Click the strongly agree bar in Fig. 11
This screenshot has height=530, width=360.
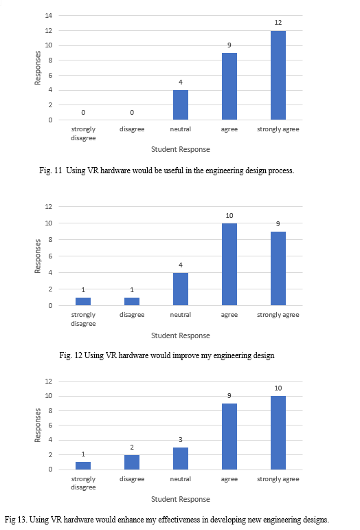pyautogui.click(x=278, y=76)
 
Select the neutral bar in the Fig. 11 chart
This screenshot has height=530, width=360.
pyautogui.click(x=181, y=104)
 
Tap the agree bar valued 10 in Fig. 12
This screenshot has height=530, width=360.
pyautogui.click(x=229, y=265)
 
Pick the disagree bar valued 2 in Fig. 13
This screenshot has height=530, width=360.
pyautogui.click(x=132, y=462)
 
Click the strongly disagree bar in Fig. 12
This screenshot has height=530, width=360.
pyautogui.click(x=83, y=302)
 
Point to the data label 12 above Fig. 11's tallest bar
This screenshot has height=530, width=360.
pyautogui.click(x=278, y=23)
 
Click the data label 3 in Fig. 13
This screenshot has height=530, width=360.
pyautogui.click(x=181, y=439)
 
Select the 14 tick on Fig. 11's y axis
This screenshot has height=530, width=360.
pyautogui.click(x=49, y=15)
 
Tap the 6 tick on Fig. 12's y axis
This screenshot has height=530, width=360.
pyautogui.click(x=50, y=256)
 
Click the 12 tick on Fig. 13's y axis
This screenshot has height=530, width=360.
pyautogui.click(x=49, y=381)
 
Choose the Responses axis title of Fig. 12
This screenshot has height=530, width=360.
pyautogui.click(x=38, y=256)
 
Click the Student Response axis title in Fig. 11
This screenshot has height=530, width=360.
pyautogui.click(x=180, y=149)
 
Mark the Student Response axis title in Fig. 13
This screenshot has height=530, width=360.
pyautogui.click(x=180, y=499)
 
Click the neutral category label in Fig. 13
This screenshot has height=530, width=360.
pyautogui.click(x=180, y=479)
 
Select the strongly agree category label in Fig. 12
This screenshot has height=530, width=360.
pyautogui.click(x=278, y=315)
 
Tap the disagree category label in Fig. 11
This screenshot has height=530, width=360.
pyautogui.click(x=132, y=129)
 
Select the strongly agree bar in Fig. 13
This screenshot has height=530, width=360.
pyautogui.click(x=278, y=432)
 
